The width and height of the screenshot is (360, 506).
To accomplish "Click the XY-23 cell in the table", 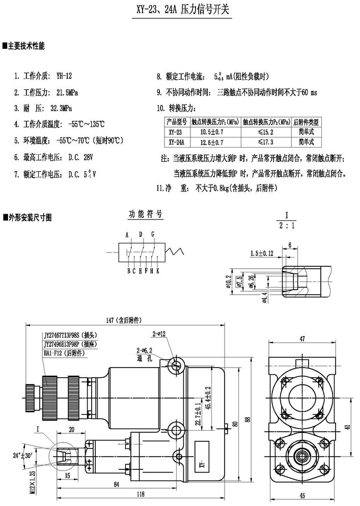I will click(x=175, y=131).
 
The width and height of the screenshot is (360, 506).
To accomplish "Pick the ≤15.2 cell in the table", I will click(x=266, y=131).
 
